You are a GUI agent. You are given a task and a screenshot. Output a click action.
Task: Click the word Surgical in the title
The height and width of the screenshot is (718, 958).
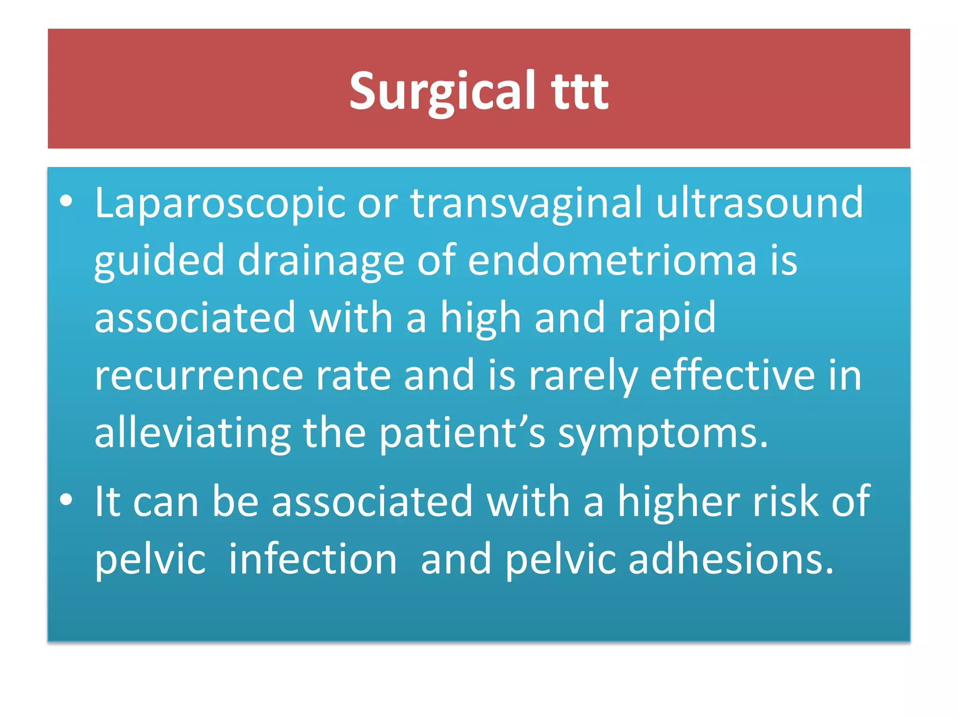(442, 91)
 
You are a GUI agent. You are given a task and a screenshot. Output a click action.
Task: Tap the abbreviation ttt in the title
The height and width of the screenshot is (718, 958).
(580, 91)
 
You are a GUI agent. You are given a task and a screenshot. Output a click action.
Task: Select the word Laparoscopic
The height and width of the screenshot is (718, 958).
(219, 203)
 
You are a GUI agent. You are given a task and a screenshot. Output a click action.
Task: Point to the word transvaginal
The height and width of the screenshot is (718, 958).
(527, 203)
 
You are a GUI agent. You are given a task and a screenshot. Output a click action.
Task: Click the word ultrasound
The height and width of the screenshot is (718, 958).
(759, 203)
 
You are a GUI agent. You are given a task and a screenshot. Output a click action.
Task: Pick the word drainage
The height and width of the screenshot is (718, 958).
(321, 260)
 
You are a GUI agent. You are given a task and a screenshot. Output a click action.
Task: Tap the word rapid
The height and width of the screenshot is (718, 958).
(667, 318)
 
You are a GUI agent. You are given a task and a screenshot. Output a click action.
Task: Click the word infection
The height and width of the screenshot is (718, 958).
(313, 560)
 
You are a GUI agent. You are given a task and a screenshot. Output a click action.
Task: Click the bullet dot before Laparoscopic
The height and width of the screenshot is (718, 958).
(66, 201)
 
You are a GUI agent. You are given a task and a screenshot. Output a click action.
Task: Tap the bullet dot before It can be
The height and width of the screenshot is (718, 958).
(66, 499)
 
